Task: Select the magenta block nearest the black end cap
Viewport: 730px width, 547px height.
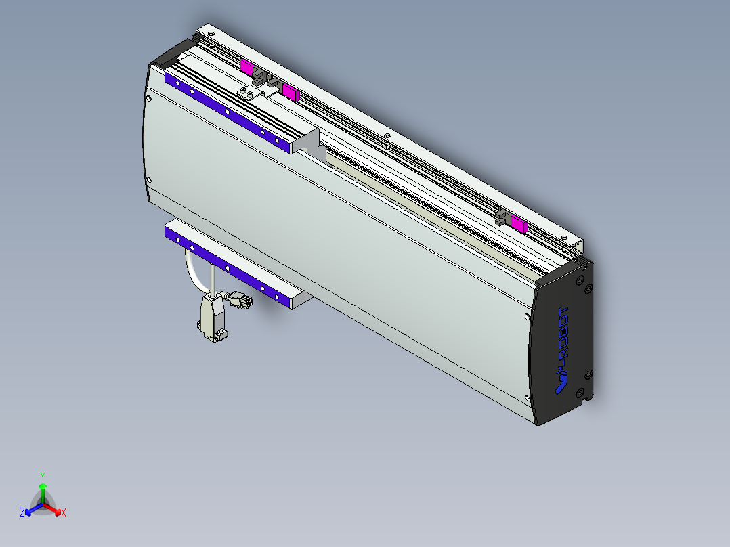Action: click(519, 223)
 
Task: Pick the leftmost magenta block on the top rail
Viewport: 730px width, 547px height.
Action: click(246, 67)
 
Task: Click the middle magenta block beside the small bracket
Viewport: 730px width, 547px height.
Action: click(291, 91)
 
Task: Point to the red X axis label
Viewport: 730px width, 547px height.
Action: click(63, 513)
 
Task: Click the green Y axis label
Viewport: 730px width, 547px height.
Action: click(42, 476)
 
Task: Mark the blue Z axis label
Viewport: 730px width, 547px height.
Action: click(22, 512)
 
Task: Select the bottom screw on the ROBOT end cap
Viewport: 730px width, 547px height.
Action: click(580, 393)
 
